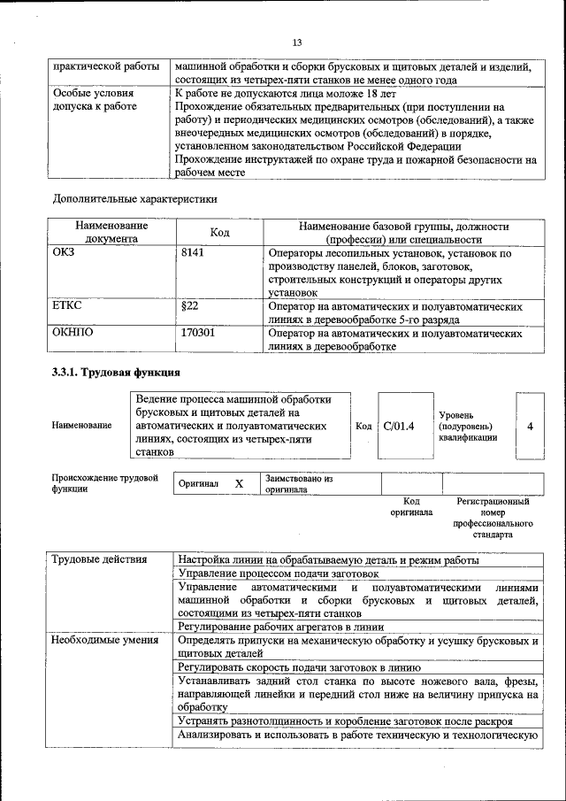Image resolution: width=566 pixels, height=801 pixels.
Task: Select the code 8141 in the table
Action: pyautogui.click(x=193, y=254)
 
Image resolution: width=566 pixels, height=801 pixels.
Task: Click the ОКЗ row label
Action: pyautogui.click(x=66, y=254)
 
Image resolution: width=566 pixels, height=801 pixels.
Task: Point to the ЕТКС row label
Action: pyautogui.click(x=69, y=306)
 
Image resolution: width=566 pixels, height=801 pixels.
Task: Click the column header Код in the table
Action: pyautogui.click(x=220, y=232)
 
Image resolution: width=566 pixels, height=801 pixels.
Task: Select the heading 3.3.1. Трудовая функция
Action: pyautogui.click(x=116, y=373)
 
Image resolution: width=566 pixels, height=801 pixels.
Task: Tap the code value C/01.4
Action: pyautogui.click(x=399, y=426)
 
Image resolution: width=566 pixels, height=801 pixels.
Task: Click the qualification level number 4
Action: pyautogui.click(x=530, y=426)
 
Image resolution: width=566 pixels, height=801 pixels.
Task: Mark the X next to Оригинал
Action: pyautogui.click(x=239, y=484)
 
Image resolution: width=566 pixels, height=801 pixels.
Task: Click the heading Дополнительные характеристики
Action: pyautogui.click(x=134, y=199)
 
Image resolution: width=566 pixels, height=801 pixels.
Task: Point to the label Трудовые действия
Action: pyautogui.click(x=94, y=560)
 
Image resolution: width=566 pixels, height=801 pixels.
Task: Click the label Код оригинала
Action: pyautogui.click(x=411, y=506)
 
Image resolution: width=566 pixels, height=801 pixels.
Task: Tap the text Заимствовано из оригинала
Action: pyautogui.click(x=298, y=483)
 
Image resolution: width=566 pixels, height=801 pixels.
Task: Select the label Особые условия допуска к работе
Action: pyautogui.click(x=95, y=99)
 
